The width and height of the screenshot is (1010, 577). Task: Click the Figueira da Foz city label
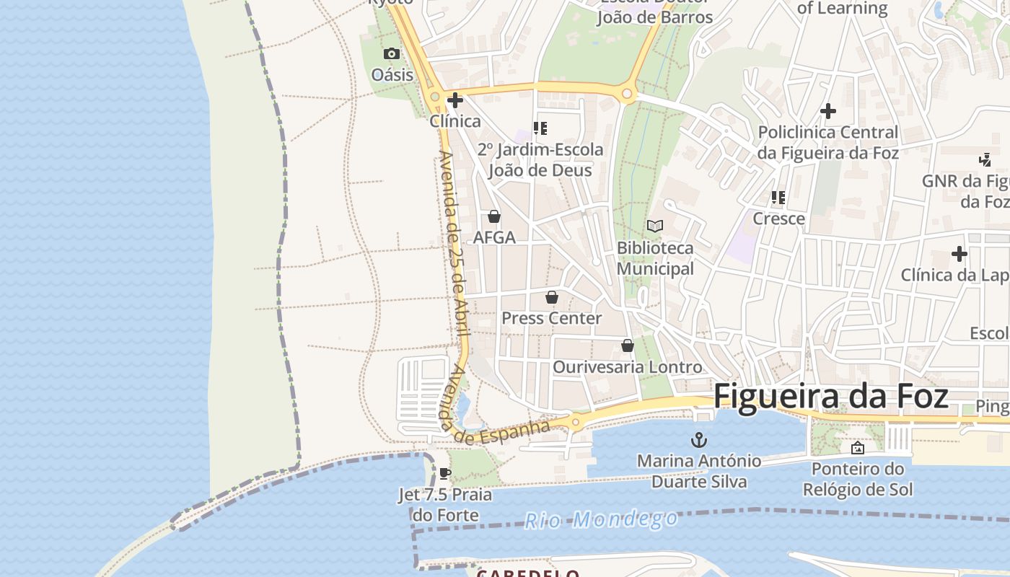[x=830, y=397]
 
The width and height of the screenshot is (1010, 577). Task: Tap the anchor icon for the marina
[x=698, y=440]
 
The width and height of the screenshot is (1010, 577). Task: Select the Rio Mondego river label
[x=601, y=519]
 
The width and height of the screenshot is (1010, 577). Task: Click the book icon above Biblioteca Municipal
[x=655, y=226]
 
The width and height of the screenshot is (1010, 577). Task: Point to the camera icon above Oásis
[x=392, y=54]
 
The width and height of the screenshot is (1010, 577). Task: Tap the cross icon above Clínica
[x=455, y=100]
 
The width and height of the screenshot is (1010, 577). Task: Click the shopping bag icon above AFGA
[x=494, y=216]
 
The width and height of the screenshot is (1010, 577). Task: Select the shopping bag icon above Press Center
[x=552, y=297]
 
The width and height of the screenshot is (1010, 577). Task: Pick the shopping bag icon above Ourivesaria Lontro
[x=628, y=346]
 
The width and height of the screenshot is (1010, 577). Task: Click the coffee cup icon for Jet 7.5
[x=445, y=474]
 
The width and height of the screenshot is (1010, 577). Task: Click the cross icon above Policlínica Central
[x=828, y=111]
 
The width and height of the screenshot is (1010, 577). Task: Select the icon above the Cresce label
[x=778, y=197]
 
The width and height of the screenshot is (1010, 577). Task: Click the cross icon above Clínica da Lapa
[x=959, y=254]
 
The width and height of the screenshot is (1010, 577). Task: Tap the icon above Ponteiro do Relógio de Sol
[x=858, y=448]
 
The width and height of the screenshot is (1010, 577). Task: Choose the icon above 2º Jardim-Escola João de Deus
[x=540, y=128]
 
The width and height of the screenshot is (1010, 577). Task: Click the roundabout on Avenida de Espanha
[x=576, y=422]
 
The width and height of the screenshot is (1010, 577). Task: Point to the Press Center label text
[x=552, y=318]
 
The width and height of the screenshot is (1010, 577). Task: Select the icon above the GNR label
[x=985, y=159]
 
